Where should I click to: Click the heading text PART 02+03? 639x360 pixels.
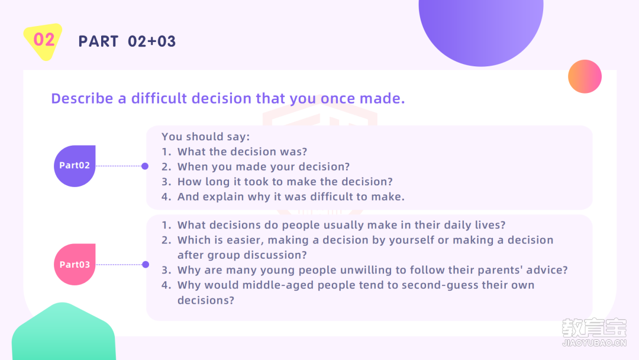127,41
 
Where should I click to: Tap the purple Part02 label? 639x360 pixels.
75,166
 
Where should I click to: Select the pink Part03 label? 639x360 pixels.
75,265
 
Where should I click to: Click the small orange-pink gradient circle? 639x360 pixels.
585,76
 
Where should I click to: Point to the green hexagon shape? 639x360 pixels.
63,332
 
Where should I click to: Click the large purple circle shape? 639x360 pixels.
481,28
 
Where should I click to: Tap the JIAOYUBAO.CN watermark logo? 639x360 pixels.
594,332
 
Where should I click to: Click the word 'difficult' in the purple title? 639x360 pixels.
159,98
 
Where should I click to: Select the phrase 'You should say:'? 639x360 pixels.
206,137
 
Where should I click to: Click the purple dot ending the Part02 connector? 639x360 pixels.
145,166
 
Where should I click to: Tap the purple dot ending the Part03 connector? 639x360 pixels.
146,265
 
